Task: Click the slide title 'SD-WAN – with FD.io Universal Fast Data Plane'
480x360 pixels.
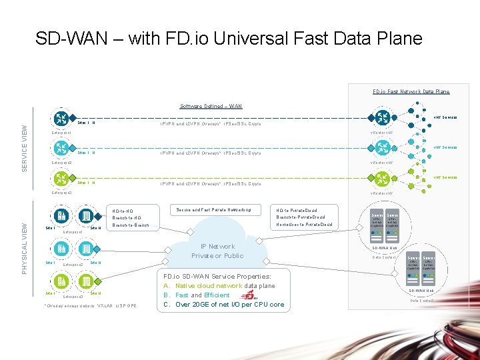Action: pos(229,38)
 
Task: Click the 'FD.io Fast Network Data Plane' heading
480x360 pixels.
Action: pos(411,91)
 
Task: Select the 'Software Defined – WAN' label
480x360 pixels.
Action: pos(211,106)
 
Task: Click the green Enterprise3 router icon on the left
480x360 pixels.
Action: pos(61,178)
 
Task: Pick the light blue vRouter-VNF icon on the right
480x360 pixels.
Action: pos(382,149)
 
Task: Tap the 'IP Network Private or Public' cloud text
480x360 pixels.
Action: pos(217,251)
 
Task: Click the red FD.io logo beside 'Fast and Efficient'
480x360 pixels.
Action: pos(248,294)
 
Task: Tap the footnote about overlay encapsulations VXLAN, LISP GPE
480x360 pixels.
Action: pos(89,305)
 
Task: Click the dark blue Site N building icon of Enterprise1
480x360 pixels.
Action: pos(87,216)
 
